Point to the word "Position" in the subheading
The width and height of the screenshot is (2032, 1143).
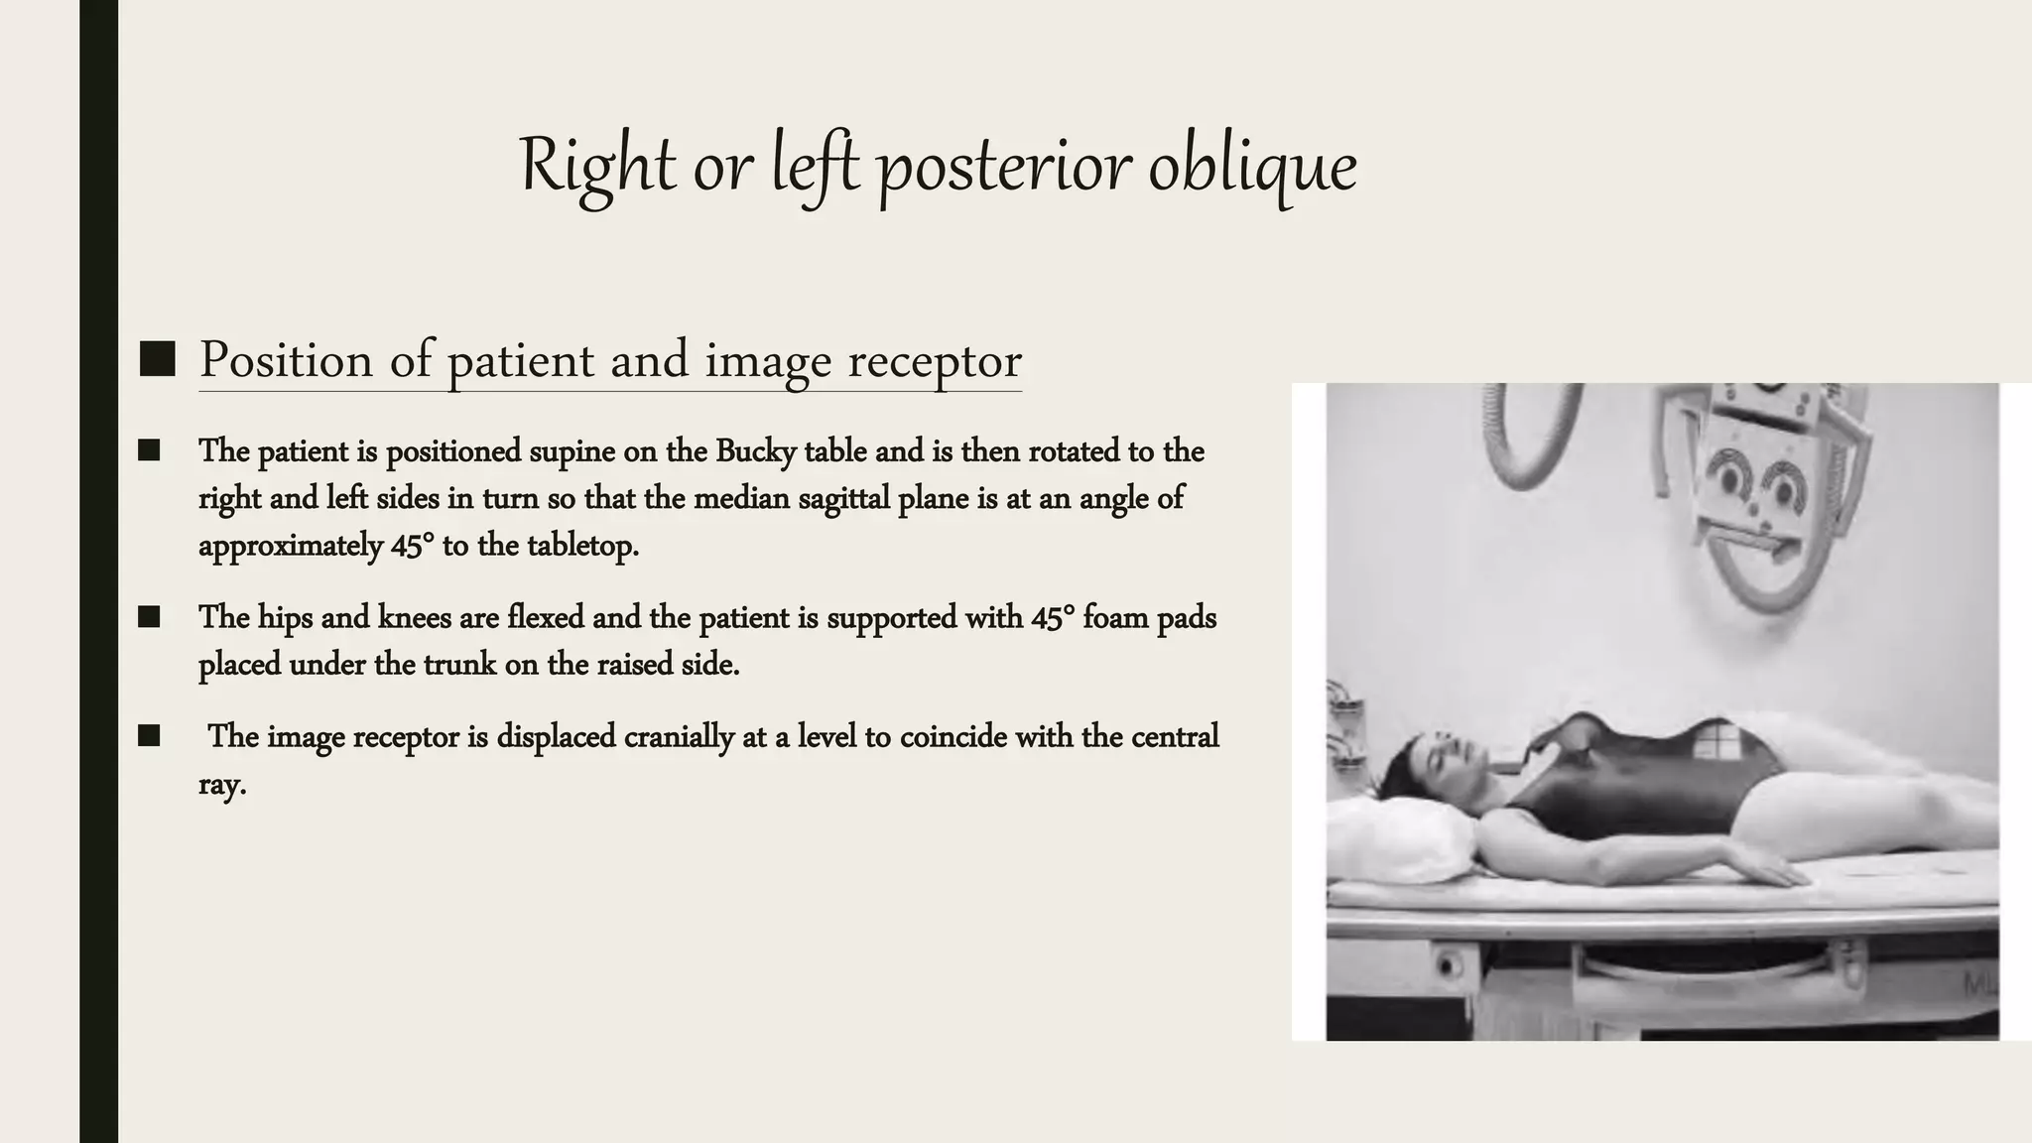point(286,360)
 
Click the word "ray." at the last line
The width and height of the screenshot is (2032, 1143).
point(222,785)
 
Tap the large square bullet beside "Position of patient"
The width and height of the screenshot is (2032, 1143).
point(158,359)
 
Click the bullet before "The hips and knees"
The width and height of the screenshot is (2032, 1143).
point(149,617)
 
